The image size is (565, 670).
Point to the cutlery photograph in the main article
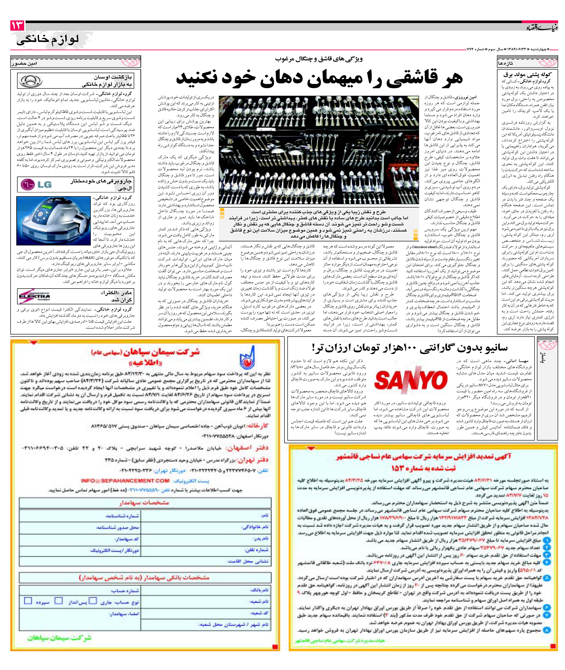pos(319,150)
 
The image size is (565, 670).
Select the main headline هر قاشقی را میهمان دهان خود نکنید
pos(319,79)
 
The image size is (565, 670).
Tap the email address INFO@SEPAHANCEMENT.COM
pos(125,481)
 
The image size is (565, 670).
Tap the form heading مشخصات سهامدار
pos(144,502)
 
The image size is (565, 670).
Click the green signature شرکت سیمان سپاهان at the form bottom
pos(59,637)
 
